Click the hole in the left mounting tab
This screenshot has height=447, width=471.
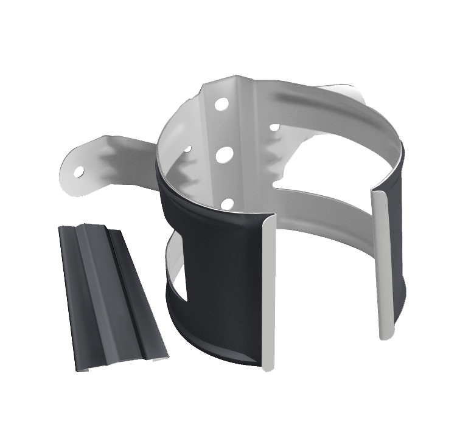coord(79,172)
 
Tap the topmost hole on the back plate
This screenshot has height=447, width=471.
coord(221,104)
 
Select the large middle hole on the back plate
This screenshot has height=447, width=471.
coord(224,154)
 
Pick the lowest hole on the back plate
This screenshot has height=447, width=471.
coord(227,204)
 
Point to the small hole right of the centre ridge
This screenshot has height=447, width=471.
coord(274,128)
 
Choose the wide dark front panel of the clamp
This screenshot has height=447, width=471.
coord(219,280)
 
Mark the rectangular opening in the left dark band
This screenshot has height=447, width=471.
coord(176,268)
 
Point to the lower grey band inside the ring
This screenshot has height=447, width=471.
coord(329,207)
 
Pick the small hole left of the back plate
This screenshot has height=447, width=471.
coord(187,148)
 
